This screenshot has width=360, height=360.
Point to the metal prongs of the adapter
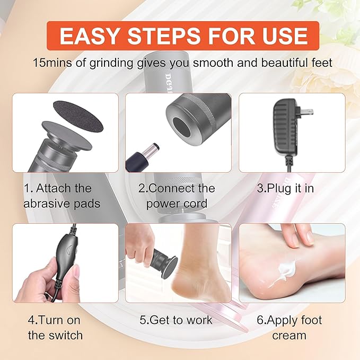tap(306, 111)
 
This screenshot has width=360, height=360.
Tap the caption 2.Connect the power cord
tap(177, 196)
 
